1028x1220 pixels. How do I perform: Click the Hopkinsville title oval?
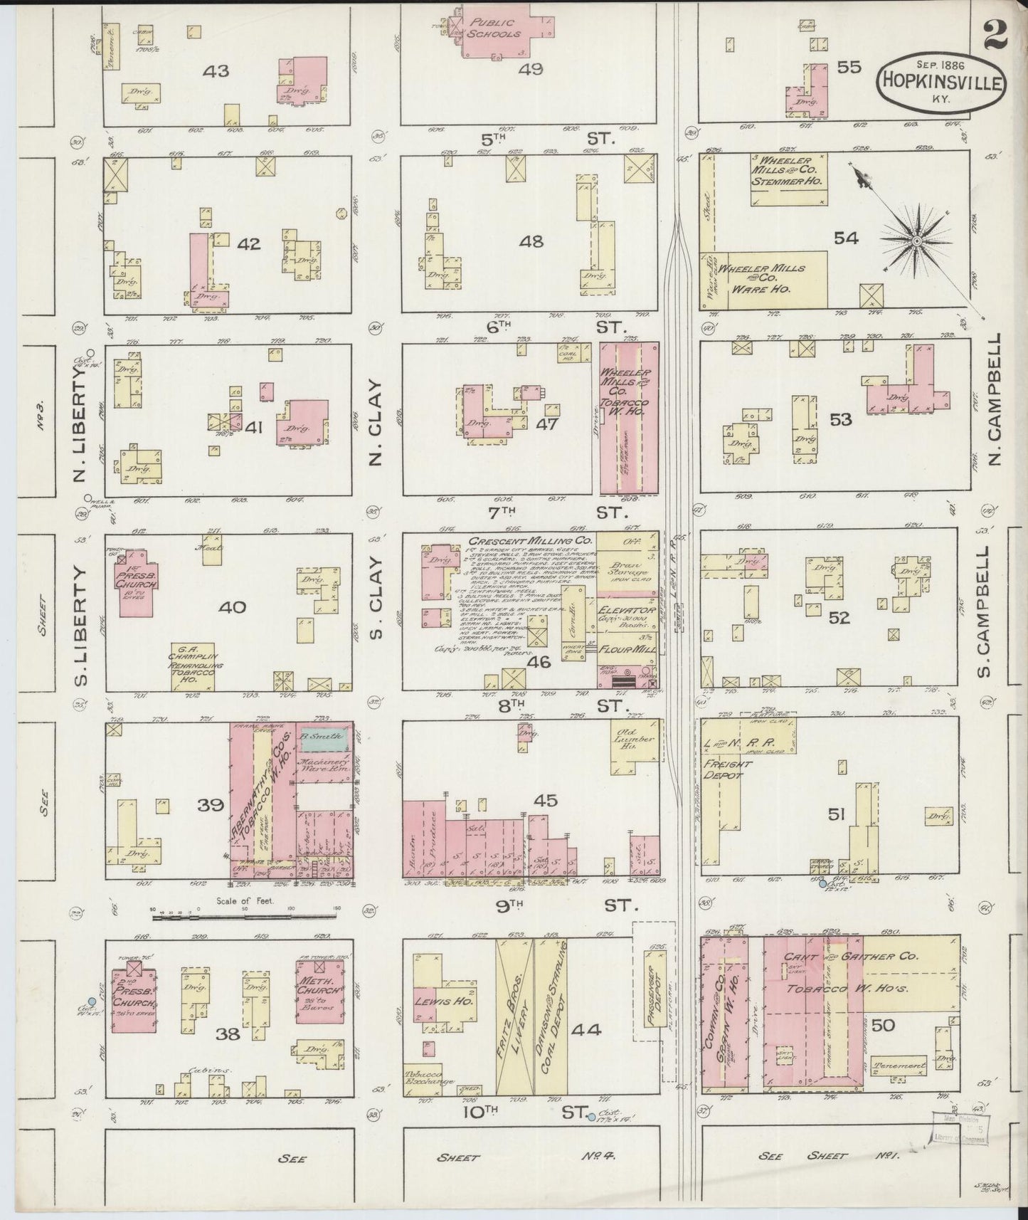pyautogui.click(x=940, y=83)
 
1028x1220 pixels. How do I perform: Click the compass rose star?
pyautogui.click(x=917, y=241)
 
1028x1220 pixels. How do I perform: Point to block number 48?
pyautogui.click(x=531, y=242)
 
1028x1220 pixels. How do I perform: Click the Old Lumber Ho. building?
pyautogui.click(x=634, y=743)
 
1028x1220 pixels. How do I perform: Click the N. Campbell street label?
pyautogui.click(x=995, y=400)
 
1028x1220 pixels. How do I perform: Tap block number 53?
pyautogui.click(x=840, y=419)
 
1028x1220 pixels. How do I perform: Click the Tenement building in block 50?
pyautogui.click(x=899, y=1066)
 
